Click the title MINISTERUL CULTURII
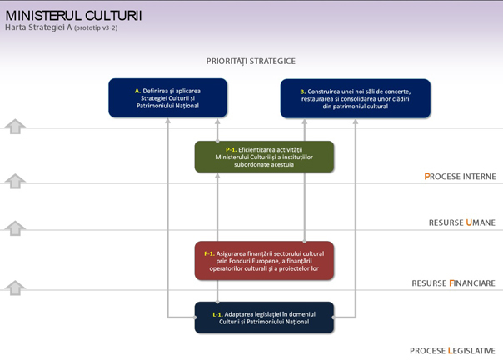coord(73,15)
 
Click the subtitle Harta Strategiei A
coord(38,27)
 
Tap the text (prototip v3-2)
coord(96,28)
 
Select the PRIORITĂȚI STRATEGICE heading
coord(251,62)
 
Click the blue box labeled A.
coord(167,98)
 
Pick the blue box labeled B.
coord(356,98)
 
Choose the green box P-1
coord(264,157)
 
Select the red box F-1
coord(264,261)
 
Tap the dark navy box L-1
coord(264,317)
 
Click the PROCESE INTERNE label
coord(460,177)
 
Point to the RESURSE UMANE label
coord(462,222)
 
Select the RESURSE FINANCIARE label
coord(454,283)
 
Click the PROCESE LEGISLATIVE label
coord(452,350)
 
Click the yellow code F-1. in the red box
coord(209,253)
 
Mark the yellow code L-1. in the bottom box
coord(217,314)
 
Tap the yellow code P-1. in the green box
coord(231,150)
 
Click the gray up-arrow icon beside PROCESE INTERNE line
coord(15,181)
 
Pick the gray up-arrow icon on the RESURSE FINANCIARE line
coord(15,287)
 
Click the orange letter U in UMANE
coord(469,222)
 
